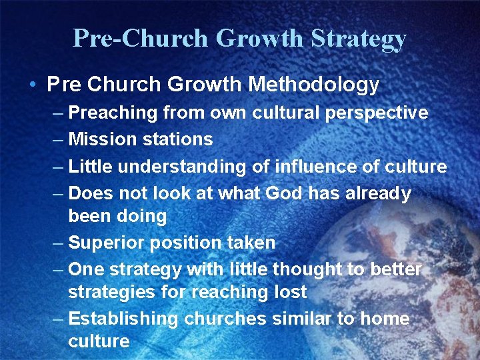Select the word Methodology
coord(313,85)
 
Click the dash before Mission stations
coord(58,139)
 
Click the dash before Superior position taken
coord(58,243)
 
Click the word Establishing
coord(123,319)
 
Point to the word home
coord(385,319)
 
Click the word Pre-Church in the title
coord(140,38)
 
